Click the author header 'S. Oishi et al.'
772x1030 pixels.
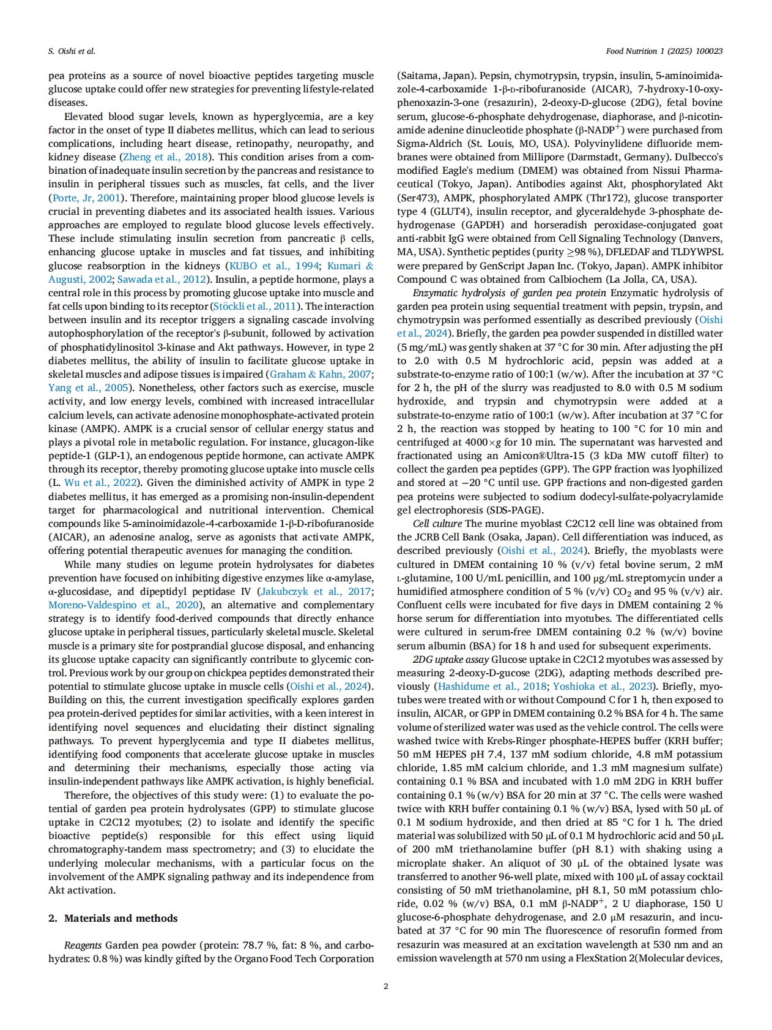(x=72, y=51)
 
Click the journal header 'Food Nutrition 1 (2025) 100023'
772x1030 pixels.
(x=664, y=51)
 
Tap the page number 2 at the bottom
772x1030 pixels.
(x=385, y=986)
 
